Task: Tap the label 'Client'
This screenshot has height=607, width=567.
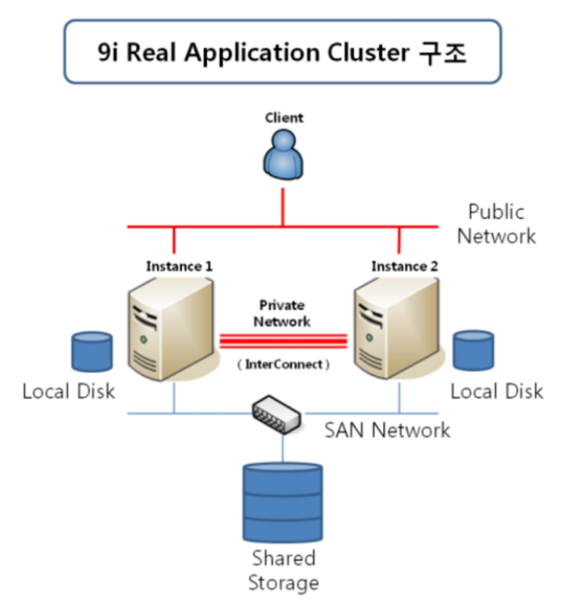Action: tap(283, 118)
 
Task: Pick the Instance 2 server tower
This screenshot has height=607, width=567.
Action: tap(398, 328)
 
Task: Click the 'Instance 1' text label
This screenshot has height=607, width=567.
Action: tap(179, 266)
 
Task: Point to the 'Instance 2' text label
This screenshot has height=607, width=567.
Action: tap(405, 266)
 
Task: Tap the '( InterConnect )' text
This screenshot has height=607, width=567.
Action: tap(284, 364)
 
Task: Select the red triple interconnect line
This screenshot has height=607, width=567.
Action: tap(283, 340)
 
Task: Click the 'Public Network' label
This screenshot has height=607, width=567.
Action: tap(497, 224)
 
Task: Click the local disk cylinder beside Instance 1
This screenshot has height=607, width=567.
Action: tap(92, 352)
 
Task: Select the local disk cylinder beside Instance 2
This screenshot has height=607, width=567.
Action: tap(473, 352)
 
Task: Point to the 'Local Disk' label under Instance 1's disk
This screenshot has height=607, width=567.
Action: tap(69, 392)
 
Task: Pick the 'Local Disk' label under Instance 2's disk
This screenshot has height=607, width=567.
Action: tap(497, 392)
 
